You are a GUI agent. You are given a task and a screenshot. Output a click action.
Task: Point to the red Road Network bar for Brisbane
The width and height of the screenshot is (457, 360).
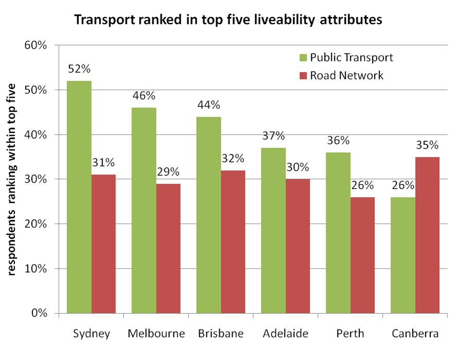(x=233, y=242)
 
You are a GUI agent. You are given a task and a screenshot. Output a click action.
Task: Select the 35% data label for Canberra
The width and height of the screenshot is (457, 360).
(x=427, y=145)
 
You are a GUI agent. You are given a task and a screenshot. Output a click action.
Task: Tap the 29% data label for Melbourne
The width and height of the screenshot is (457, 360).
(x=168, y=172)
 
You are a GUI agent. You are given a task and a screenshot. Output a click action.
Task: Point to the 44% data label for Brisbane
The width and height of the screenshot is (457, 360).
(x=208, y=105)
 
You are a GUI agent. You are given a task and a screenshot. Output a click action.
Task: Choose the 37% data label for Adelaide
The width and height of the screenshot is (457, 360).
(x=273, y=136)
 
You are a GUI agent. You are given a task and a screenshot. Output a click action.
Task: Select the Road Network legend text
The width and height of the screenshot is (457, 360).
(x=346, y=75)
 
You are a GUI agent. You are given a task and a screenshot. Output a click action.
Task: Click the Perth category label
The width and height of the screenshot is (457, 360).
(x=350, y=334)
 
